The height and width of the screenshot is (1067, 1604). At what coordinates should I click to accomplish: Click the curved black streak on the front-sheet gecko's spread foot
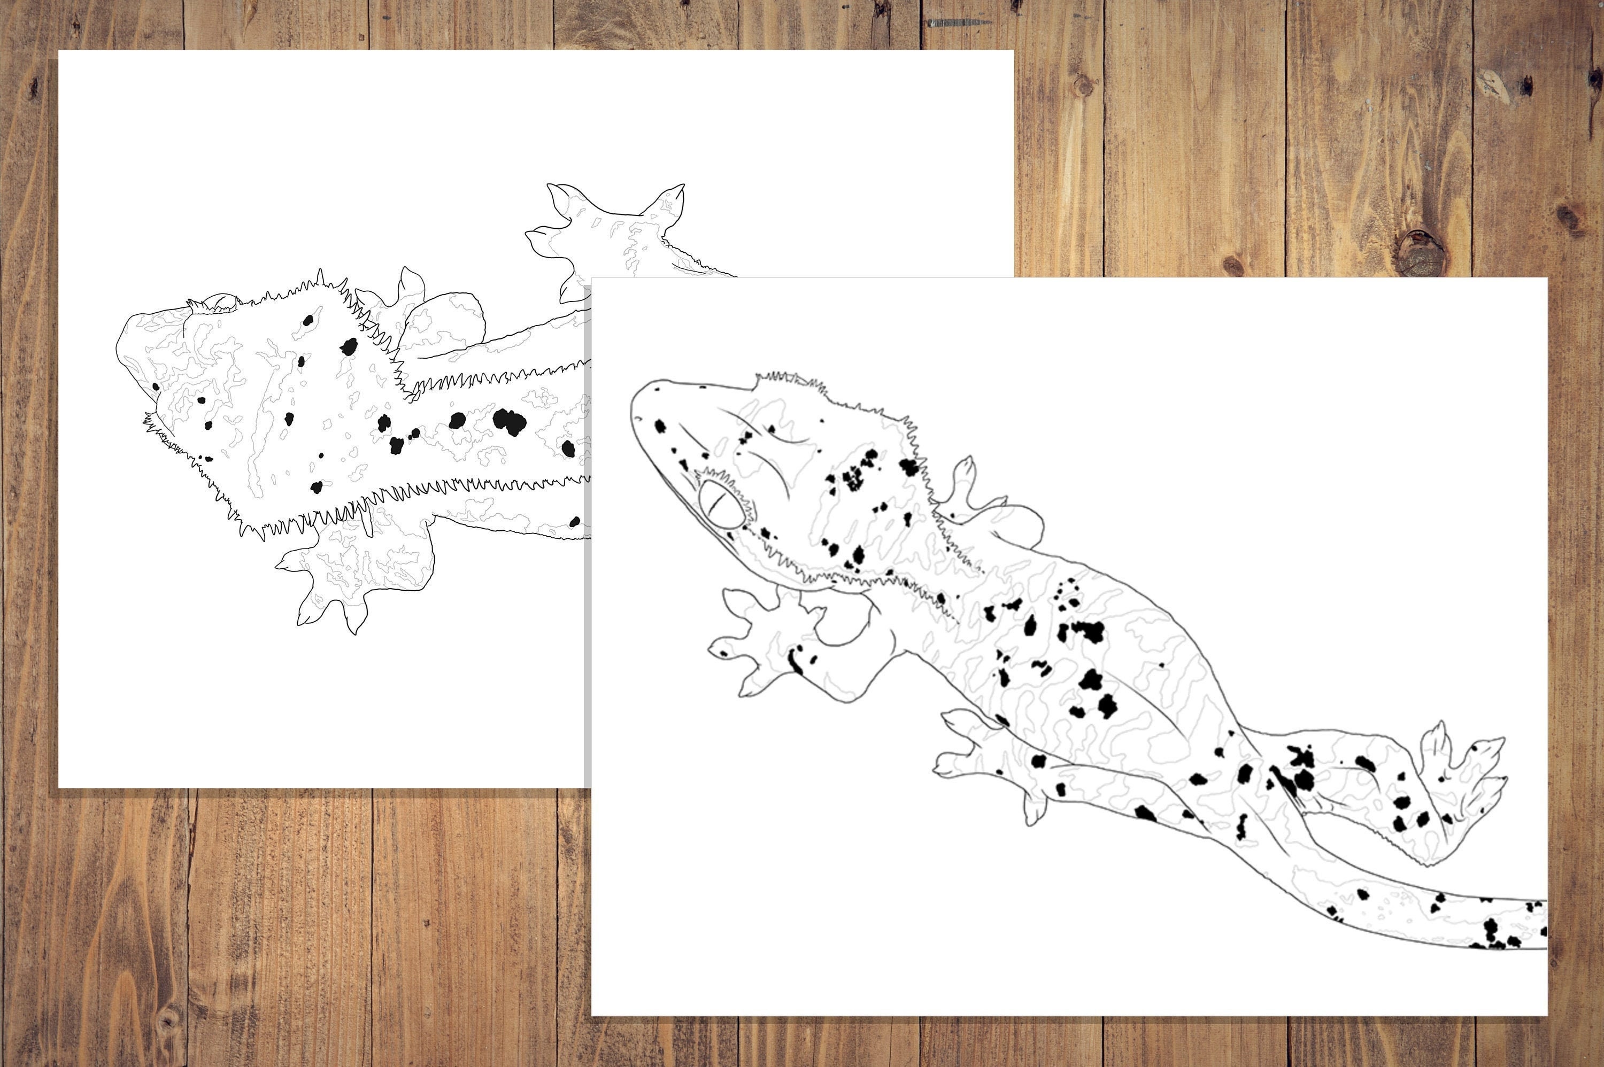pos(794,661)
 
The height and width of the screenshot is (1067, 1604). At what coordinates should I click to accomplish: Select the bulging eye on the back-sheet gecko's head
pos(218,303)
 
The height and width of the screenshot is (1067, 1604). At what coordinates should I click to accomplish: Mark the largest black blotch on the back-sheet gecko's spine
pos(509,421)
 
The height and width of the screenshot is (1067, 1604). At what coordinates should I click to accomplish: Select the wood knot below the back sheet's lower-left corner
pos(167,1020)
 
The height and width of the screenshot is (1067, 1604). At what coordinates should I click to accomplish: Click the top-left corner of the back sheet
pos(60,51)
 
